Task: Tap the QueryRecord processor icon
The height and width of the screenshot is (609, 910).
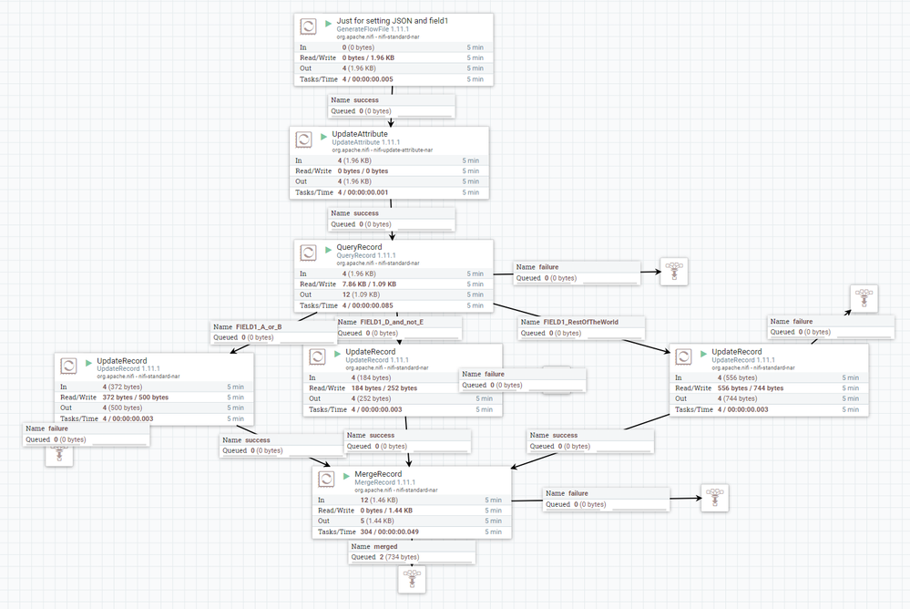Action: click(309, 253)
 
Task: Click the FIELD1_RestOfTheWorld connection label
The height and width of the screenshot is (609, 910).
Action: click(583, 322)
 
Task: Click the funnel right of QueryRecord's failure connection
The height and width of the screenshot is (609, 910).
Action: click(674, 271)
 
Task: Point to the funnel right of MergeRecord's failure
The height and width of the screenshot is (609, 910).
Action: click(715, 497)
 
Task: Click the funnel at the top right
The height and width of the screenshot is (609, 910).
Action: click(863, 298)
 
